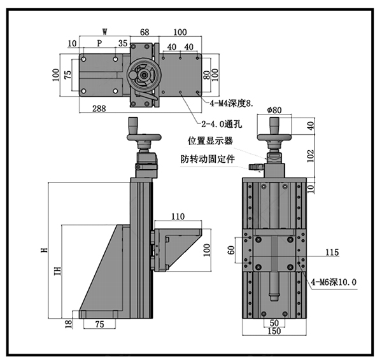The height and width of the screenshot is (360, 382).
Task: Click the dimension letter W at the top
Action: pos(104,31)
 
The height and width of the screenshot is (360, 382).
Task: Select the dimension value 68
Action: pos(145,31)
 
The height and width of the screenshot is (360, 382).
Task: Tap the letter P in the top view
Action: pos(99,43)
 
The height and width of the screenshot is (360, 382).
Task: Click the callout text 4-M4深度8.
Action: pos(227,102)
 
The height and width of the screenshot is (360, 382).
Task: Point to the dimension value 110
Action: pos(177,217)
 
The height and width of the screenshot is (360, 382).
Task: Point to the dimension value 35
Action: pos(122,43)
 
